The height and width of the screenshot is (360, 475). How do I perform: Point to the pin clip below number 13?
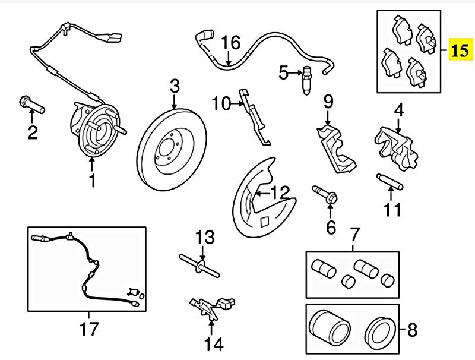199,264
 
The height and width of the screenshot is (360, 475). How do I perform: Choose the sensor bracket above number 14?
211,307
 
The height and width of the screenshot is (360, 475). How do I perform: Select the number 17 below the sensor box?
90,328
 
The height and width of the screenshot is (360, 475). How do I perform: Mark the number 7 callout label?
354,233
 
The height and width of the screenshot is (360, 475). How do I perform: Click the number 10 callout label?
220,105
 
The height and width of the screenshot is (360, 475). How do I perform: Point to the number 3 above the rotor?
174,86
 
